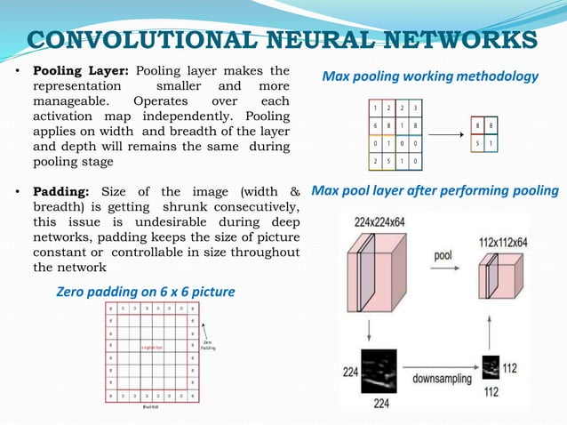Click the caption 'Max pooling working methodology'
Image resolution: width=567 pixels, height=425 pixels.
coord(430,76)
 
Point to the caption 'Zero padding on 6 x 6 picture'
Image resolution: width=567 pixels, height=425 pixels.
coord(145,292)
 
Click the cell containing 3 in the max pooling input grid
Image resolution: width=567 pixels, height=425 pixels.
coord(415,108)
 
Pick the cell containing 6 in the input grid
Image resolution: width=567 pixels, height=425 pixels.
coord(376,125)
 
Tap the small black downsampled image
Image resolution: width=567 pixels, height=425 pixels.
coord(490,365)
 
